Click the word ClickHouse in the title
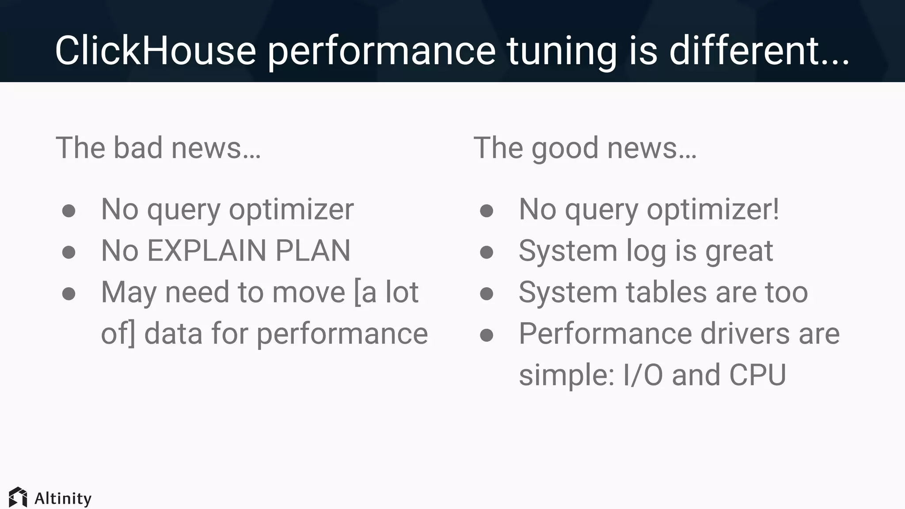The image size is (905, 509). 156,51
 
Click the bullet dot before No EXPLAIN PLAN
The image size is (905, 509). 68,252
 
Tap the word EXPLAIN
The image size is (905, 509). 206,251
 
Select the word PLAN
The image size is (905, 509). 313,251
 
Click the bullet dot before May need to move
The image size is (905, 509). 68,293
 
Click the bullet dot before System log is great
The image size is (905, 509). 487,252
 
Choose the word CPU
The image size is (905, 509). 757,375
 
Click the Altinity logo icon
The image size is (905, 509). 18,498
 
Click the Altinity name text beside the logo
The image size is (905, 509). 63,498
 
